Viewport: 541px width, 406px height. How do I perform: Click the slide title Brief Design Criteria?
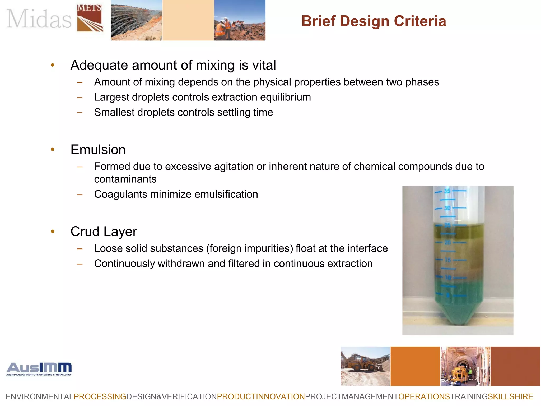point(374,21)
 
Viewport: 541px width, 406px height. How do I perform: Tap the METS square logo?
point(90,18)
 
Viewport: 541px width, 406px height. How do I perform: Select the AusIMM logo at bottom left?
point(39,369)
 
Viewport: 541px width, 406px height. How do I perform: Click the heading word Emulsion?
point(98,150)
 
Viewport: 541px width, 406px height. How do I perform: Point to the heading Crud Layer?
point(104,232)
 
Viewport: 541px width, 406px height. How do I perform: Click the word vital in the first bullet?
point(264,65)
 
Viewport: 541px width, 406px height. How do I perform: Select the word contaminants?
point(125,179)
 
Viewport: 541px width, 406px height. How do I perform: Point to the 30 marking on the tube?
point(447,208)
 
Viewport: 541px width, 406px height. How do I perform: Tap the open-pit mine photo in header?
point(136,20)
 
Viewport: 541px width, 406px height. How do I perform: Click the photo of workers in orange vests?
point(240,20)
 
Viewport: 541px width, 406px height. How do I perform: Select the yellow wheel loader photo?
point(365,366)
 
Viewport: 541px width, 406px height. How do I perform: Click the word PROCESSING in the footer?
point(100,397)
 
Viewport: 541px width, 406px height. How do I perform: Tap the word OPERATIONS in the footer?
point(424,397)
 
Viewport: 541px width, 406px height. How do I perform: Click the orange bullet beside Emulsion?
point(53,150)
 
